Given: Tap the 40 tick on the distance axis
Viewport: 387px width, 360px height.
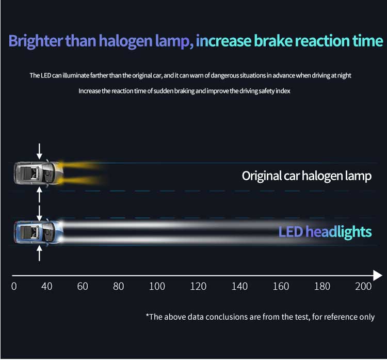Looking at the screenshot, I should coord(47,286).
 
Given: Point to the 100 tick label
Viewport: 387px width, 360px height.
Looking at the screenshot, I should coord(157,286).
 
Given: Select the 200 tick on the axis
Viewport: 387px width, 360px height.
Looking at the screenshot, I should coord(363,286).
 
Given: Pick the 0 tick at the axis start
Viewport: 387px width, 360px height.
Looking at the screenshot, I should coord(14,286).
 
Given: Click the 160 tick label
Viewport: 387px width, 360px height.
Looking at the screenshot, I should coord(281,286).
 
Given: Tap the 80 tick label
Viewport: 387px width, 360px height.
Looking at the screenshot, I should coord(119,286).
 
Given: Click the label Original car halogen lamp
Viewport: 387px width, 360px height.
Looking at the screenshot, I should coord(307,176).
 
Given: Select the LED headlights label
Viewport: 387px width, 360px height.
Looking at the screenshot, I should coord(325,232).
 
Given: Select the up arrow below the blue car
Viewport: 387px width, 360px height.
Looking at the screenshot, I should coord(40,254).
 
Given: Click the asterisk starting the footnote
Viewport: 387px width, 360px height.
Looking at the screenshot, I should coord(147,316).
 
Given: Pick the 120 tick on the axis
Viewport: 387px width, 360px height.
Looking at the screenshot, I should coord(198,286).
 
